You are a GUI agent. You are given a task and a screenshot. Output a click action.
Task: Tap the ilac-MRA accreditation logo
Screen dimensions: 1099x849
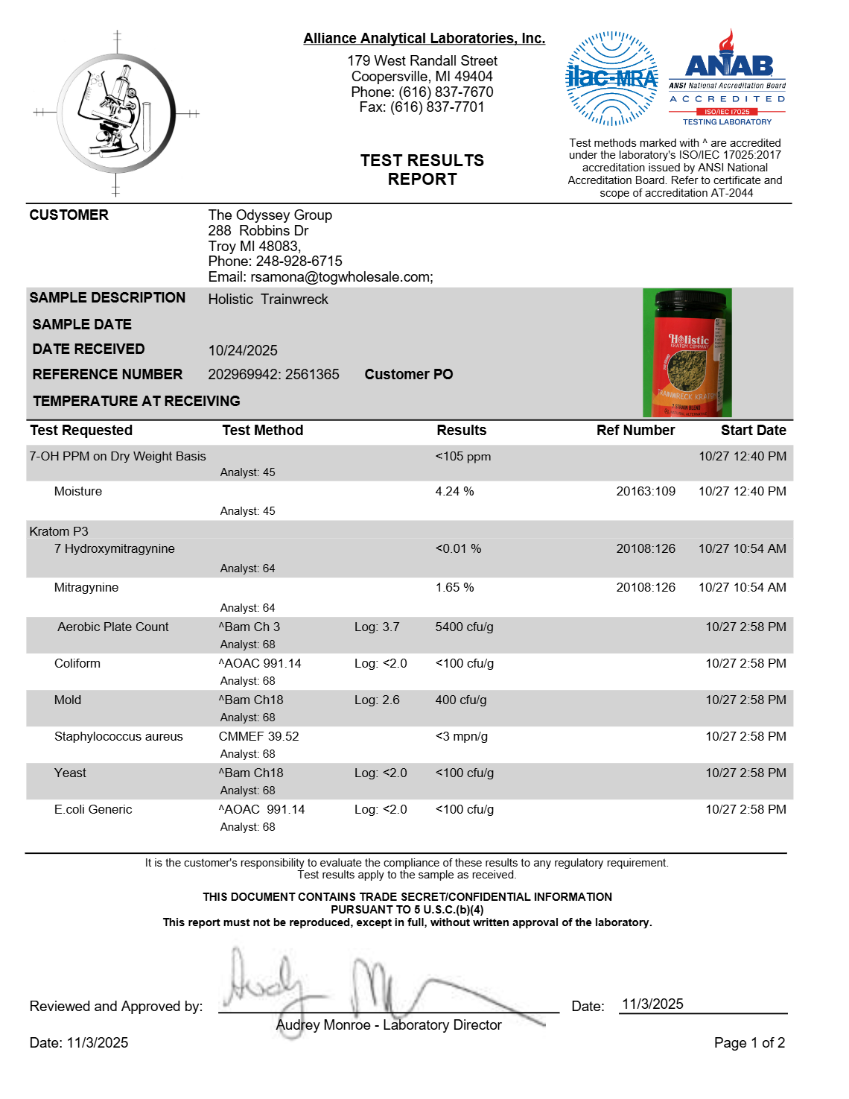[611, 77]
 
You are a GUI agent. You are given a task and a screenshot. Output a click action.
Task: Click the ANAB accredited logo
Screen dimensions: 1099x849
[728, 77]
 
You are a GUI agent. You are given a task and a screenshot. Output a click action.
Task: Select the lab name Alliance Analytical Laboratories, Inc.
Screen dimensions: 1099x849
[424, 39]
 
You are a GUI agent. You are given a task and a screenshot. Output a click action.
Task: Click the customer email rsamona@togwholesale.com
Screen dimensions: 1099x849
[341, 277]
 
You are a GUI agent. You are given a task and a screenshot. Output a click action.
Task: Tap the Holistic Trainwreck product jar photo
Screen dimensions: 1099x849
[687, 353]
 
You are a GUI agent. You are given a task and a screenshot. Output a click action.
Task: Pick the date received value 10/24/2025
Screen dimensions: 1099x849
[243, 350]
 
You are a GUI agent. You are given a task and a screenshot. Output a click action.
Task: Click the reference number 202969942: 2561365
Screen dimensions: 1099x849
[273, 374]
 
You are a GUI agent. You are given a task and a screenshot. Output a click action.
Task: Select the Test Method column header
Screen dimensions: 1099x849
[262, 430]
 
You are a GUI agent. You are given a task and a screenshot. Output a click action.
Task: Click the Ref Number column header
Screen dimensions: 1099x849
[635, 430]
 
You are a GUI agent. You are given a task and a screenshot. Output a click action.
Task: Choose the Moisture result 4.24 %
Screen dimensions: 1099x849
[454, 491]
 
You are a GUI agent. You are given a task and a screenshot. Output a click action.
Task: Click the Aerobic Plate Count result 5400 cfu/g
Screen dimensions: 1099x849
[464, 627]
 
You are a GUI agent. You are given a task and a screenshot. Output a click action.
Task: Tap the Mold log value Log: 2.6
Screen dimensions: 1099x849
[377, 700]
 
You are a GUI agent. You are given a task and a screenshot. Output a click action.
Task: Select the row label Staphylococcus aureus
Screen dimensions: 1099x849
[118, 736]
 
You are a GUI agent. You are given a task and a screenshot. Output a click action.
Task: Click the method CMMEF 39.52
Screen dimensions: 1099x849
[258, 736]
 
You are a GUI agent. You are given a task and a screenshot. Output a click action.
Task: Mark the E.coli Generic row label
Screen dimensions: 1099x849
[93, 809]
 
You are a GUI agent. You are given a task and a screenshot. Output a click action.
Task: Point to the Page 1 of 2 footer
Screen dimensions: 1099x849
[748, 1042]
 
